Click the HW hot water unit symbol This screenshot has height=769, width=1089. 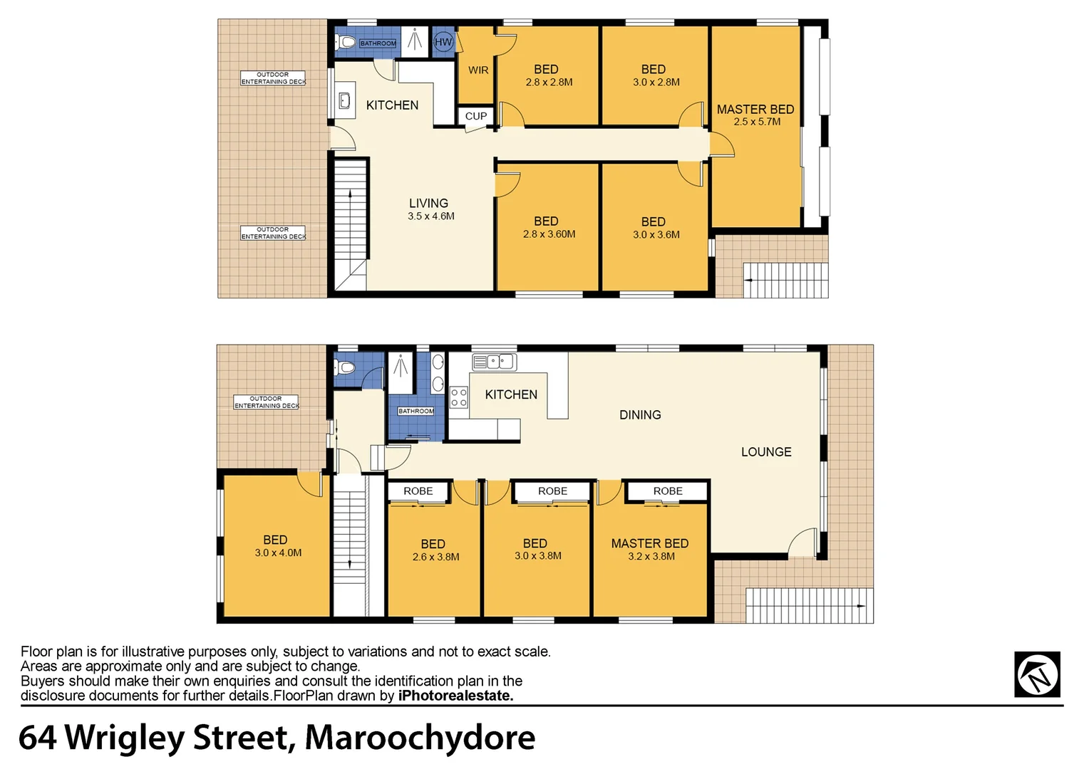pos(443,42)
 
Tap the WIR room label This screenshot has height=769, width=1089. pos(478,70)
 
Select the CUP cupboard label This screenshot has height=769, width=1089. pos(476,116)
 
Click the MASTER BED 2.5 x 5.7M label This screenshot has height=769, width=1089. pos(755,115)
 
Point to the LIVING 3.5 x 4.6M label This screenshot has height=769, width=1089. pos(430,209)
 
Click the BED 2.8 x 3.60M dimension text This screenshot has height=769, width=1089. pos(549,234)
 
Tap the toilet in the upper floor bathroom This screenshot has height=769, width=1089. pos(346,42)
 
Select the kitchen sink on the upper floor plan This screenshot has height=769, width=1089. pos(344,100)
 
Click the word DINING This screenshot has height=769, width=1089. pos(640,415)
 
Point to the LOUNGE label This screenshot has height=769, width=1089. pos(766,452)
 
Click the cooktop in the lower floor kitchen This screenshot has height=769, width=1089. pos(458,397)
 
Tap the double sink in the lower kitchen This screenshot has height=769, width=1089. pos(494,362)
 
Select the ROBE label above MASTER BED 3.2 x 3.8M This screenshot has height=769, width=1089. pos(668,491)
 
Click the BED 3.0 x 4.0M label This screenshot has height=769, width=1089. pos(277,546)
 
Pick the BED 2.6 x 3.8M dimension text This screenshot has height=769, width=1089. pos(435,558)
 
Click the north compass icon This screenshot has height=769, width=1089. pos(1038,674)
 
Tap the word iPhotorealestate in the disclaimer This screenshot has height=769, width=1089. pos(455,696)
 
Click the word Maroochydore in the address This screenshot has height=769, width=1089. pos(420,738)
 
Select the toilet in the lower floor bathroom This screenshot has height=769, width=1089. pos(346,367)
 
